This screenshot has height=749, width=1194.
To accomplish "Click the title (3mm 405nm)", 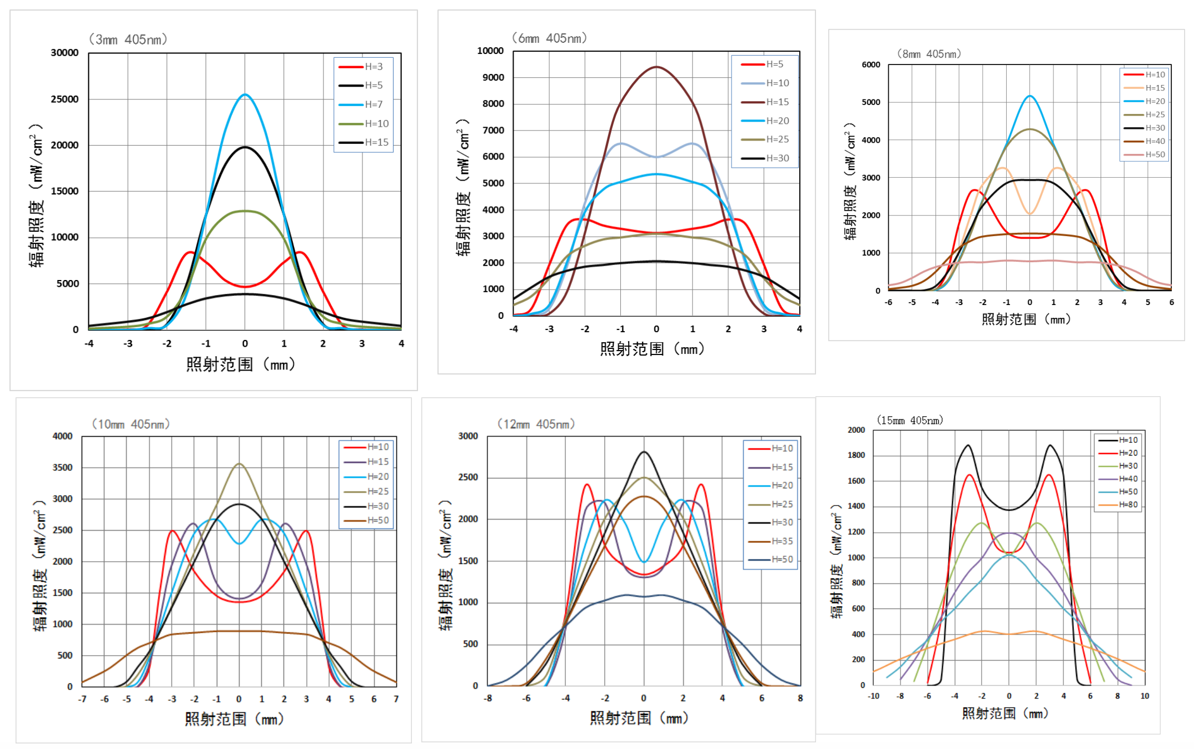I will point(128,39).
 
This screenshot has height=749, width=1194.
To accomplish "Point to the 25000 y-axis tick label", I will point(64,99).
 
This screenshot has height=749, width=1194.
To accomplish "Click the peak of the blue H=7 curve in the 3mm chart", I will point(245,94).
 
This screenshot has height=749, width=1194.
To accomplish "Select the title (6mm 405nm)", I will point(549,38).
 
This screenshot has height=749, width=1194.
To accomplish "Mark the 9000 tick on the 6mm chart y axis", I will point(493,77).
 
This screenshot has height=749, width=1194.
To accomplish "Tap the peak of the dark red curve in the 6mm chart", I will point(657,67).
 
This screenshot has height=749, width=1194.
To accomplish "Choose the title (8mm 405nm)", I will point(929,54).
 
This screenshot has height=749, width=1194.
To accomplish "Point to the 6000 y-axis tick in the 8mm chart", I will point(871,64).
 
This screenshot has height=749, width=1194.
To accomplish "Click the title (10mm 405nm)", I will point(131,424).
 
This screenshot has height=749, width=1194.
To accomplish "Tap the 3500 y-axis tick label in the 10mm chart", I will point(62,467).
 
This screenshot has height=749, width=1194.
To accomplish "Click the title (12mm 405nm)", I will point(536,424).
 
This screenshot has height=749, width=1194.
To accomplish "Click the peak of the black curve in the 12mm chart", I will point(644,452).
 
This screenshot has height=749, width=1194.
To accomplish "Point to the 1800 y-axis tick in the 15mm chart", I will point(856,455).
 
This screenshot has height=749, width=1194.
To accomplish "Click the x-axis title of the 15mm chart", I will point(1005,713).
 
